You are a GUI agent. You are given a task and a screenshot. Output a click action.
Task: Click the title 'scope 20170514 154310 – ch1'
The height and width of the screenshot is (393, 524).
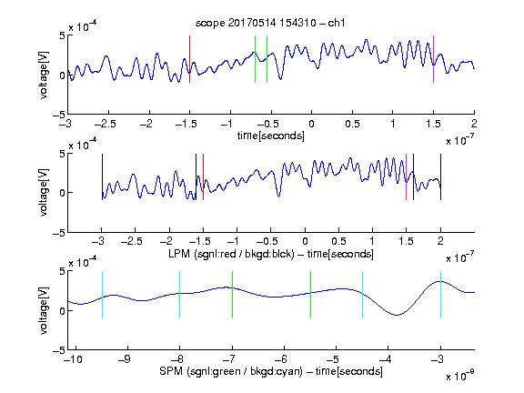[x=270, y=23]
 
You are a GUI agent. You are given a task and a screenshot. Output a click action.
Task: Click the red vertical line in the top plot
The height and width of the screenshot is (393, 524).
[x=189, y=59]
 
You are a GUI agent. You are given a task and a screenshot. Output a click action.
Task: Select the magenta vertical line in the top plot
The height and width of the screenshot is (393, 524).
[x=433, y=59]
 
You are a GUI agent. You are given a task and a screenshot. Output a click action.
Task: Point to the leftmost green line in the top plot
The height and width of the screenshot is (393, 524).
[x=255, y=59]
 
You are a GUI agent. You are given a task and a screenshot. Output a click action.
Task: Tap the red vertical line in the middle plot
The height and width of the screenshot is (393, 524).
[x=203, y=176]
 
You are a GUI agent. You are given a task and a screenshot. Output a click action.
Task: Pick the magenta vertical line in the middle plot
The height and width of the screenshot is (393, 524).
[x=406, y=176]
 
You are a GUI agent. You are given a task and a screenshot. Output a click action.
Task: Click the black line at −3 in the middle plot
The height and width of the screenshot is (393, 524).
[x=102, y=176]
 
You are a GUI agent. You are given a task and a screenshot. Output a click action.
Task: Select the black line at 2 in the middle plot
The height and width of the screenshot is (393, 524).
[x=440, y=176]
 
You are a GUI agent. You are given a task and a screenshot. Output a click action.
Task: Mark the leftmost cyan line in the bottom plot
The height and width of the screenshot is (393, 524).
[x=102, y=295]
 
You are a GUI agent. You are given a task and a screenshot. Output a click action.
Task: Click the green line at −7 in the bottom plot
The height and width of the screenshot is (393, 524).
[x=232, y=295]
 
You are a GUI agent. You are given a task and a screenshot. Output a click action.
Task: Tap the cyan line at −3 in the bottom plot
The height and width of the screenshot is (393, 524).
[x=440, y=295]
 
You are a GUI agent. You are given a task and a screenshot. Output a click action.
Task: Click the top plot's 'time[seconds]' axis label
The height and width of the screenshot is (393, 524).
[x=271, y=136]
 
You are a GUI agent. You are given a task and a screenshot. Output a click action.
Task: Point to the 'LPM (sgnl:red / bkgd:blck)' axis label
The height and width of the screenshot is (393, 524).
[x=231, y=254]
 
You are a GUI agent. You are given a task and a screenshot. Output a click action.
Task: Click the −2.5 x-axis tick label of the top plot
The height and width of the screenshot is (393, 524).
[x=106, y=124]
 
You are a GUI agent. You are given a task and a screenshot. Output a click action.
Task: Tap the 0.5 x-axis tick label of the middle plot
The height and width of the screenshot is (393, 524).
[x=338, y=241]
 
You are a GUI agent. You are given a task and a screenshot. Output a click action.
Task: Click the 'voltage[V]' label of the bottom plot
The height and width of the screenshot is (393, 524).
[x=44, y=310]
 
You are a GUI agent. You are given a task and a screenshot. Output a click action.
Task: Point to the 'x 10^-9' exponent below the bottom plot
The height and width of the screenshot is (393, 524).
[x=459, y=376]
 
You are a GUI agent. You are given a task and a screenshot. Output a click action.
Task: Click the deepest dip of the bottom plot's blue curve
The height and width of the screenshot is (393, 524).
[x=397, y=315]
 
